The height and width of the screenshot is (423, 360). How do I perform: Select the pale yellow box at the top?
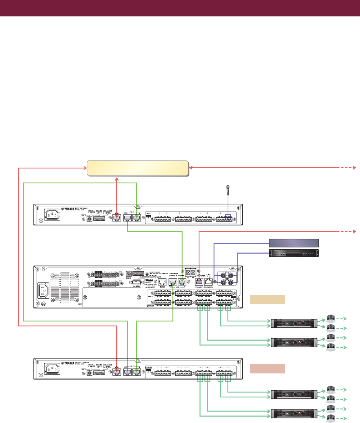[138, 168]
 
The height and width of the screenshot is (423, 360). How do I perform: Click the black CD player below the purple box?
[293, 253]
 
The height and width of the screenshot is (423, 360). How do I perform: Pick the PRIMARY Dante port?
[199, 281]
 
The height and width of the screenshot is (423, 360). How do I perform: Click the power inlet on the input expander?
[52, 215]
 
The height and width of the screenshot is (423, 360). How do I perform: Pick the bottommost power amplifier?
[294, 413]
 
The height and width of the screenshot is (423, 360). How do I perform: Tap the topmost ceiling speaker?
[330, 318]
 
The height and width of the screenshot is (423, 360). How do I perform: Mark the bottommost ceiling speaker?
[330, 418]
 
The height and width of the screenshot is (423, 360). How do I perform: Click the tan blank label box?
[267, 300]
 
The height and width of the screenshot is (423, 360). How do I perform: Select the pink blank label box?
[267, 368]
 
